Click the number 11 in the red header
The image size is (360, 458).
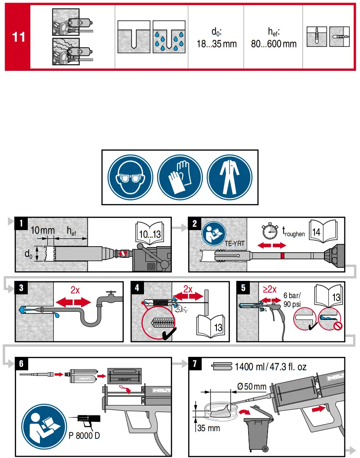18,37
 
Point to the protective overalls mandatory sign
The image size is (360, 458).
229,177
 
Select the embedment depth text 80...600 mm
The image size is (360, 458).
274,44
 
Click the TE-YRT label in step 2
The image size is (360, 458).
235,243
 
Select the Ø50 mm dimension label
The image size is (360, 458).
252,386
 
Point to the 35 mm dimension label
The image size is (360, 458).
209,428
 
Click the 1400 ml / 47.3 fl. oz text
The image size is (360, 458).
270,367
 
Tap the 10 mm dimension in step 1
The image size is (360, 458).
42,231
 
